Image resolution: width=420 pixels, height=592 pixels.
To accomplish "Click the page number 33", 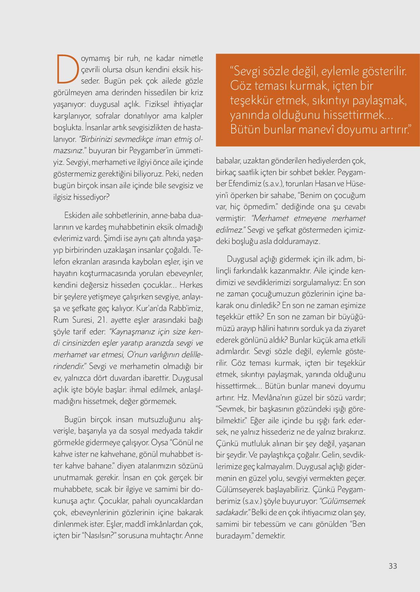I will [x=393, y=566].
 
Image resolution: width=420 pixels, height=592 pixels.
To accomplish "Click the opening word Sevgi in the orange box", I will [x=252, y=71].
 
